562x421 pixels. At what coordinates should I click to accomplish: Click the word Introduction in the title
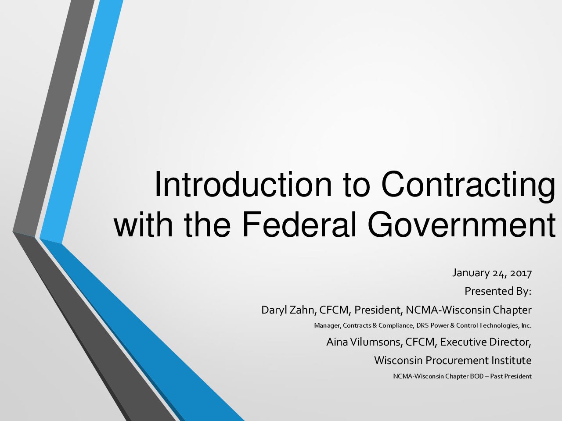243,184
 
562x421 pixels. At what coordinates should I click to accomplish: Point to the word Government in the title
461,224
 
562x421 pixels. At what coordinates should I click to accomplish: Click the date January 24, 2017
492,273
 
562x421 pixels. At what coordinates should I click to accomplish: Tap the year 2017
521,273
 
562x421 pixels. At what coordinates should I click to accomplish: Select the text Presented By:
498,291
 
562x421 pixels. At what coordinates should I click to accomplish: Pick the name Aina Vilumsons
363,342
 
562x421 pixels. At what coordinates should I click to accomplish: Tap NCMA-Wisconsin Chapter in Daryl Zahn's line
468,310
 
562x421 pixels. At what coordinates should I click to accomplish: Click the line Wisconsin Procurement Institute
453,360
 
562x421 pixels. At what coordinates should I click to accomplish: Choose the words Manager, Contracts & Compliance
364,326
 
